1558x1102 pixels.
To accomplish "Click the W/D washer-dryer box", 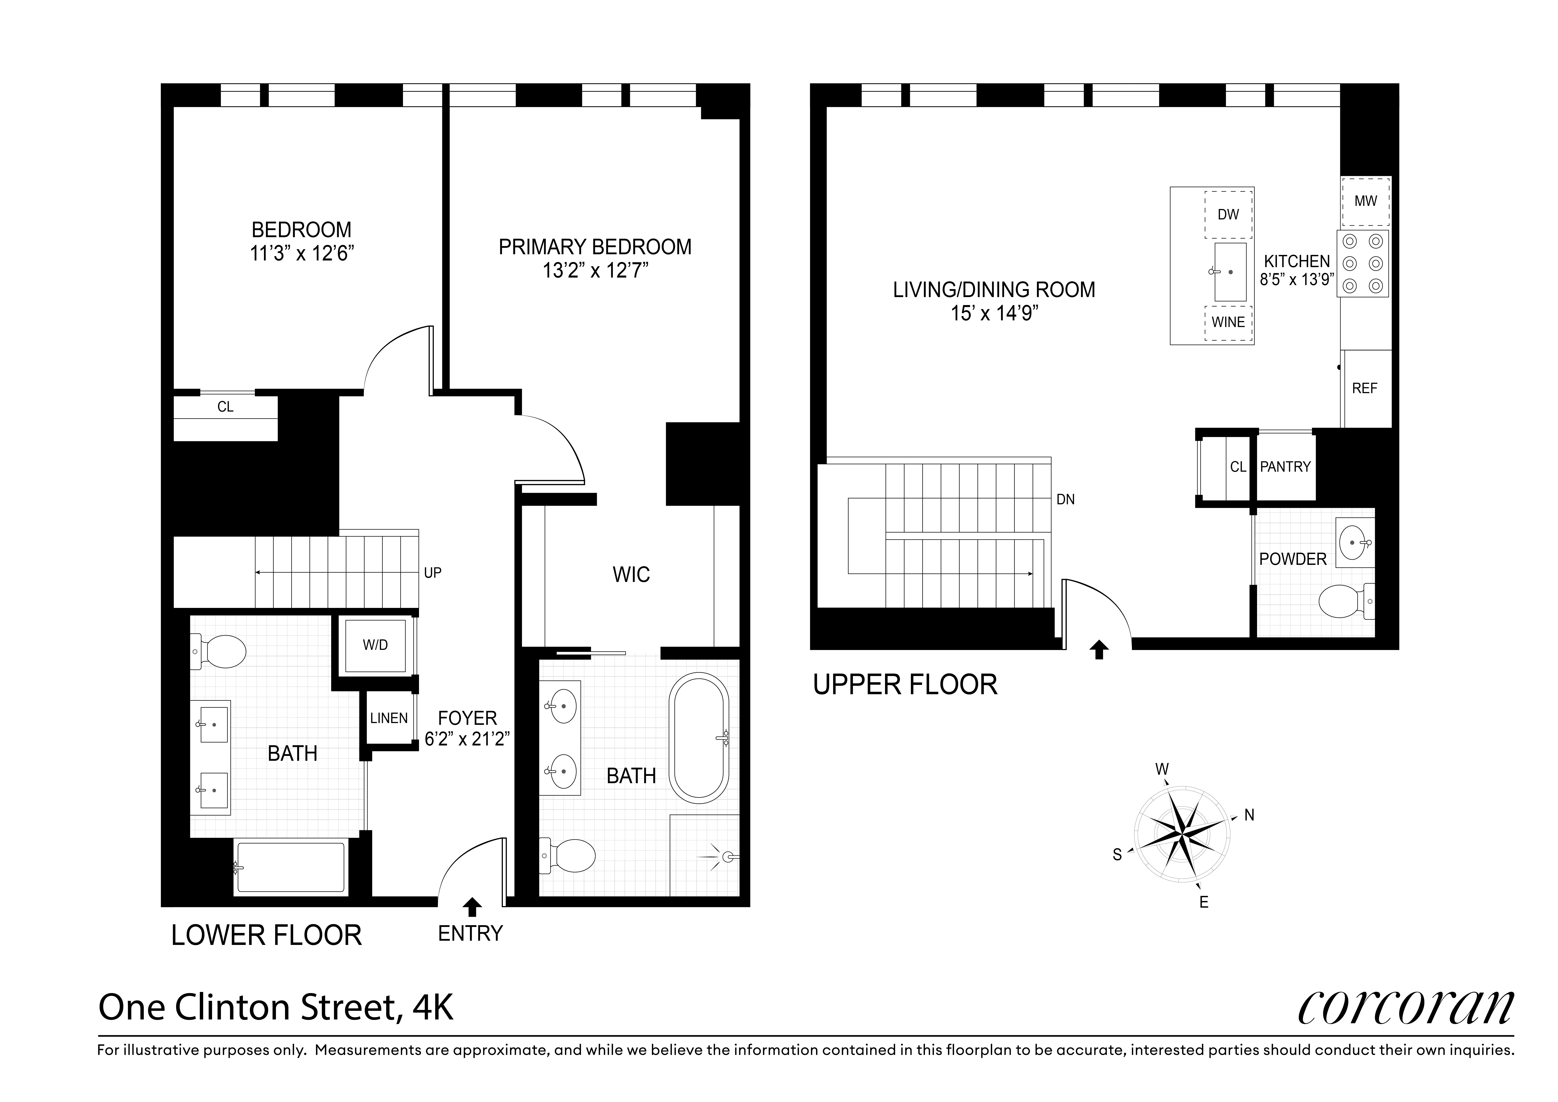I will click(x=375, y=645).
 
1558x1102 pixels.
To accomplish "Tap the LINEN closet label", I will click(x=389, y=718).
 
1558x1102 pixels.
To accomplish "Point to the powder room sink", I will click(x=1354, y=543).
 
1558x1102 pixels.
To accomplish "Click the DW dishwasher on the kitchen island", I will click(x=1228, y=214).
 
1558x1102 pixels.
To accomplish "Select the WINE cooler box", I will click(x=1228, y=322).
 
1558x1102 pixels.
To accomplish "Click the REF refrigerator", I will click(x=1365, y=388).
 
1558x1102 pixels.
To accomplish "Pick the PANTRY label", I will click(x=1285, y=467).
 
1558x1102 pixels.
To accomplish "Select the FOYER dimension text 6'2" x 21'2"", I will click(x=467, y=739).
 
